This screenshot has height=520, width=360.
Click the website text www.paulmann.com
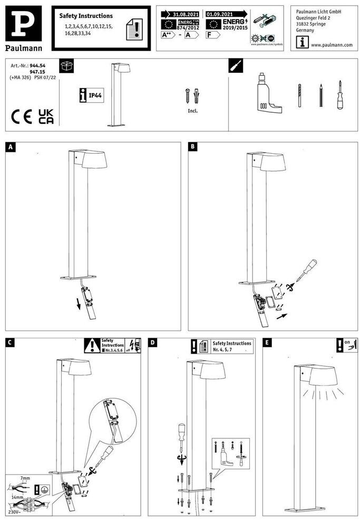coord(332,45)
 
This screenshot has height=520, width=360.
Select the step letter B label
coord(193,146)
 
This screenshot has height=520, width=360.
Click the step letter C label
coord(10,343)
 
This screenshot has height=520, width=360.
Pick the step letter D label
coord(153,343)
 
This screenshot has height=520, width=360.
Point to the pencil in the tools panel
coord(320,95)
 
